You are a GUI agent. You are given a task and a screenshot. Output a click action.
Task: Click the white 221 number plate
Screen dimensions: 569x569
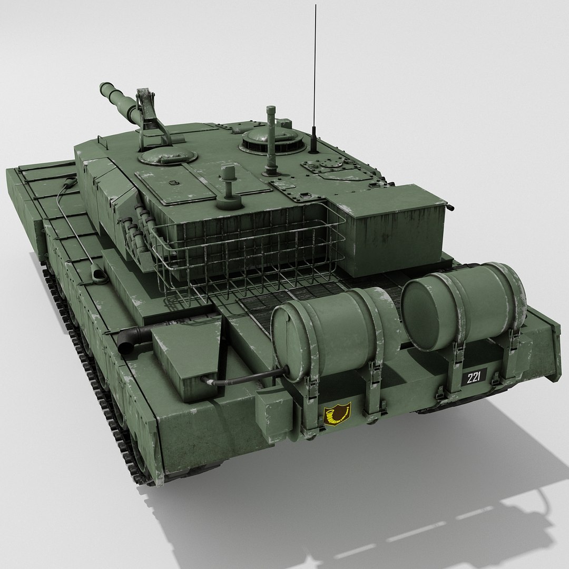click(x=474, y=377)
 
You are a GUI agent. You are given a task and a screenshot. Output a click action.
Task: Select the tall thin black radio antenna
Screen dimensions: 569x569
click(x=315, y=79)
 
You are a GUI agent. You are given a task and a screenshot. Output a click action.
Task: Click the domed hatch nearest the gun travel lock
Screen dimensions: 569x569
click(x=166, y=155)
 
